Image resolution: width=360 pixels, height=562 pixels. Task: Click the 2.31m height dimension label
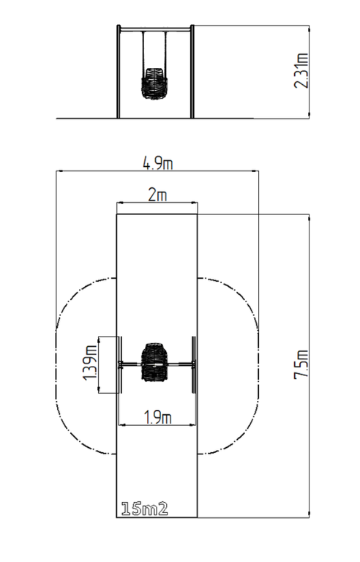point(301,70)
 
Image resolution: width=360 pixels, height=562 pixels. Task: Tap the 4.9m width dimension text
point(158,163)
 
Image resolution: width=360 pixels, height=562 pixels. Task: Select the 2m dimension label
point(157,195)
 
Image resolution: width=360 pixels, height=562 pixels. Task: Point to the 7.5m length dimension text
point(301,364)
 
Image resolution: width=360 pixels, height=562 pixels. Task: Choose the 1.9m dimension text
point(158,418)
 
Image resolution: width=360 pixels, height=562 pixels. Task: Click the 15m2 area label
point(144,509)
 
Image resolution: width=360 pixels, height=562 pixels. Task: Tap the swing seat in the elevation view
point(154,83)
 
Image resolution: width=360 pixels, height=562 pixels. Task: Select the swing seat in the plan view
point(154,362)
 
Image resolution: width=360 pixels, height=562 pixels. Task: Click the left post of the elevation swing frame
point(119,71)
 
